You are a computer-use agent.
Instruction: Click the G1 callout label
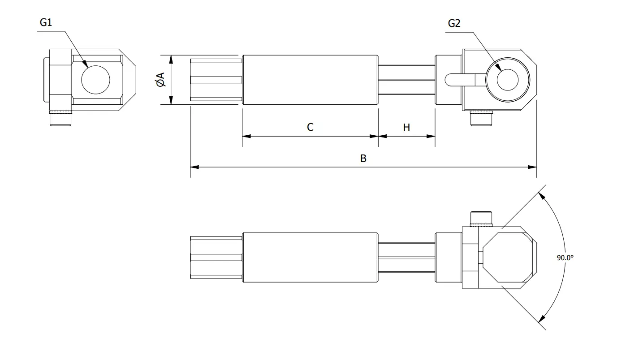(46, 22)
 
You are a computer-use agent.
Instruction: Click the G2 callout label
(454, 23)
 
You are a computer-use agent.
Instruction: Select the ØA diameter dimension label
(160, 80)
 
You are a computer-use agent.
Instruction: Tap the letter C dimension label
(310, 127)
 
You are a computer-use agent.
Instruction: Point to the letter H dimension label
(406, 128)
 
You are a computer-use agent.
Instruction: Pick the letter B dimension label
(363, 159)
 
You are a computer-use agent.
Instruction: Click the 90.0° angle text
(565, 257)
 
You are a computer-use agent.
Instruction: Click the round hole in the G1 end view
(95, 80)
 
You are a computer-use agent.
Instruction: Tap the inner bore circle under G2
(508, 80)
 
